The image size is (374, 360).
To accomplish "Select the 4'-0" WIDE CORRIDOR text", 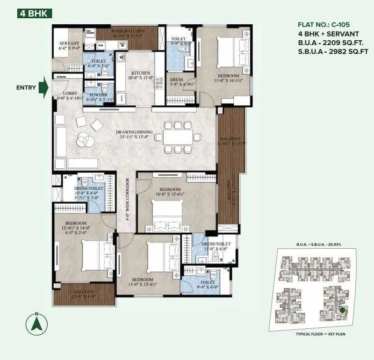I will (127, 199).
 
